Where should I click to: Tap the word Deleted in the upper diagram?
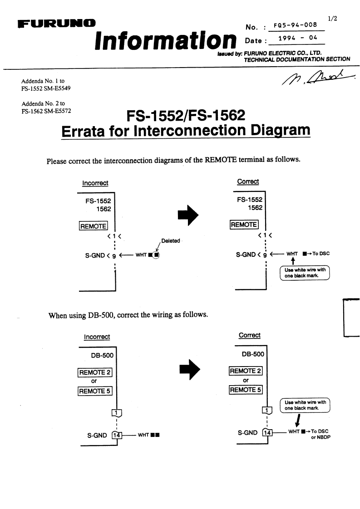171,241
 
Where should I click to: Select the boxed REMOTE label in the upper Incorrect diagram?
93,225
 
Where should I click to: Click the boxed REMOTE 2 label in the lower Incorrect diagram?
95,373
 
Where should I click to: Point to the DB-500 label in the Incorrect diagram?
103,355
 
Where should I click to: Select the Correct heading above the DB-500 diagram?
249,335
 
